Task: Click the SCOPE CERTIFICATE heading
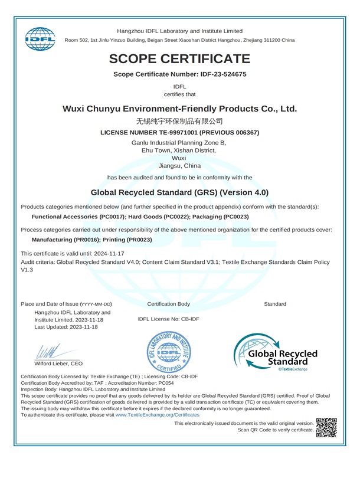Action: point(179,59)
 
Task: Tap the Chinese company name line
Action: point(179,121)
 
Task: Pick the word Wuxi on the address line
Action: point(179,158)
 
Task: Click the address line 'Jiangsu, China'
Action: point(179,166)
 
